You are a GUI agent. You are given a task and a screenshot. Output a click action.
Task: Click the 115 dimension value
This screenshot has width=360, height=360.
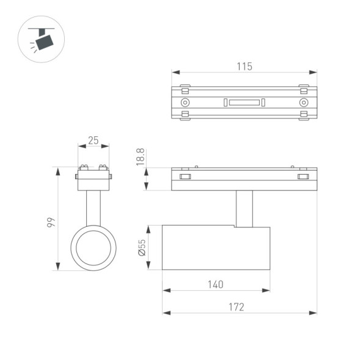[244, 67]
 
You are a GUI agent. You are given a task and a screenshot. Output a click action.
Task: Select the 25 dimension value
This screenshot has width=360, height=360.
[93, 141]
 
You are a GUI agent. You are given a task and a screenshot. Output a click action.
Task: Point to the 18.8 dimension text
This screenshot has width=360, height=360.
[141, 157]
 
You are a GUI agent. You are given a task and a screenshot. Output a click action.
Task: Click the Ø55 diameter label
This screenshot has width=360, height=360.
[142, 248]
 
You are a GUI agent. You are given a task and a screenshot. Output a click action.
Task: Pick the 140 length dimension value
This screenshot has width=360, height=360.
[215, 284]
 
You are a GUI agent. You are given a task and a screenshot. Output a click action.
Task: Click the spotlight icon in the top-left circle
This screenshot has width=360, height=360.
[41, 40]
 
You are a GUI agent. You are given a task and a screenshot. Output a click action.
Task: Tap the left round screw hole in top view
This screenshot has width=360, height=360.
[186, 102]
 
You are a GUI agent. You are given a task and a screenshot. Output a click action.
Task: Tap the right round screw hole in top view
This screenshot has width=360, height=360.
[303, 102]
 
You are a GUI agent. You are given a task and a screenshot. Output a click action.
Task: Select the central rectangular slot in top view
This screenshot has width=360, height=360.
[244, 102]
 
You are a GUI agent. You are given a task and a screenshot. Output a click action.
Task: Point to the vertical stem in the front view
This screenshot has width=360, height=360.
[94, 208]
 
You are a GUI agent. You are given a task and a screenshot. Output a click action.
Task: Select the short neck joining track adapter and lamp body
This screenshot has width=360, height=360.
[244, 208]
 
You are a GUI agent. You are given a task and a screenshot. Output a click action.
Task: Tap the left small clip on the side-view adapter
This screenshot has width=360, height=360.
[185, 177]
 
